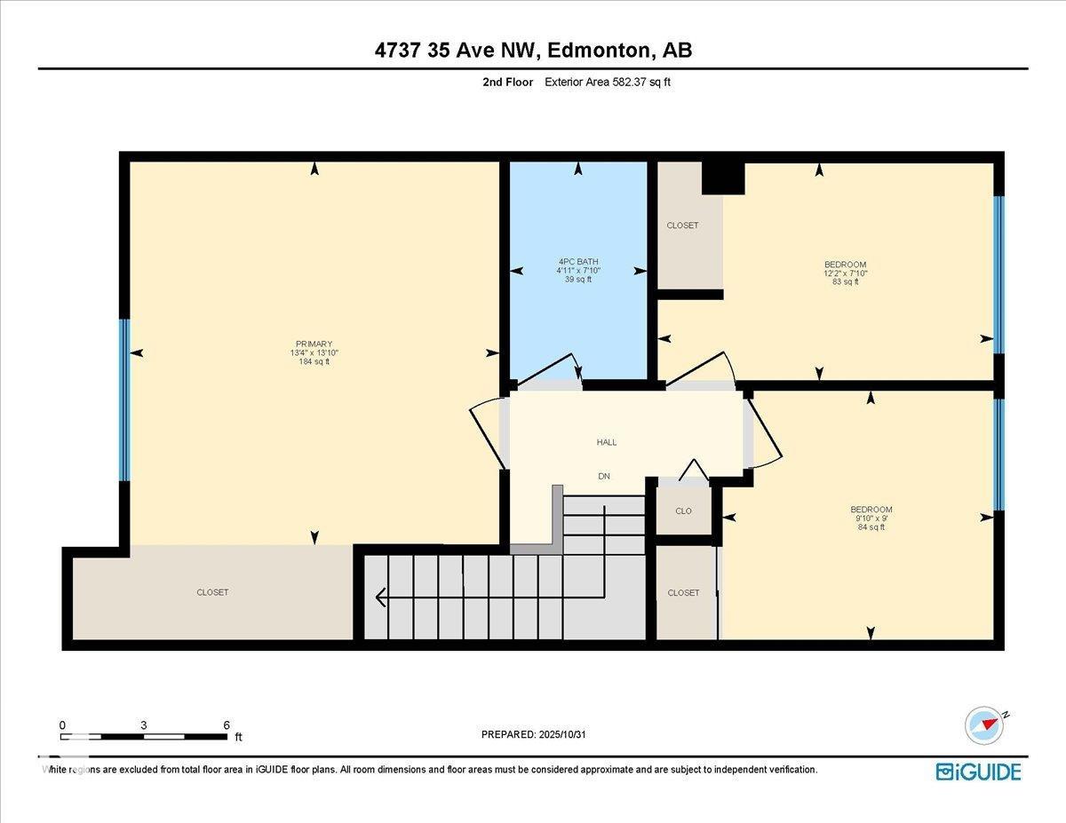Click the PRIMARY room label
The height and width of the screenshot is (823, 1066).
[314, 344]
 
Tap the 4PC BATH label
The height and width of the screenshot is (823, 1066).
[577, 261]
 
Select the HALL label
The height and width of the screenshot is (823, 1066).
[607, 442]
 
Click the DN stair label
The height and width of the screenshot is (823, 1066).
[604, 477]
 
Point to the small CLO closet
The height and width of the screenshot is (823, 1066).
[683, 511]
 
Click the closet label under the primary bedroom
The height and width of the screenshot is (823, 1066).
[212, 592]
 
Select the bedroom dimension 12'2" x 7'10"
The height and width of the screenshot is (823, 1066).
[845, 273]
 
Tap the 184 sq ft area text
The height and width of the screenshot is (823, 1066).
[314, 361]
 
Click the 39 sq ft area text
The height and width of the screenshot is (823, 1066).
[577, 279]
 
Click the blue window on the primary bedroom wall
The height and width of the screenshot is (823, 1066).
[124, 400]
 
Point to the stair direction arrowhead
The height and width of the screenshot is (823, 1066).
[382, 597]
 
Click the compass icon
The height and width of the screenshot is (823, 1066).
[984, 724]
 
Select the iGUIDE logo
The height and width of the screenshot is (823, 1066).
[978, 771]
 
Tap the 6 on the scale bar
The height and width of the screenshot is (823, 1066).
[227, 724]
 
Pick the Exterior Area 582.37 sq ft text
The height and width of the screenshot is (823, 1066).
[613, 82]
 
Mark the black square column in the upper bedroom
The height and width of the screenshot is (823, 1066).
[722, 178]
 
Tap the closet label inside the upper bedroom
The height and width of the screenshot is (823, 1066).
[682, 226]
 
